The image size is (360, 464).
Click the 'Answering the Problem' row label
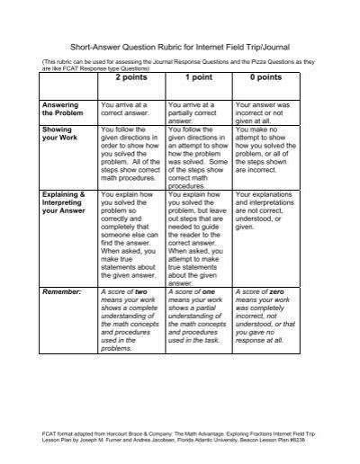[61, 110]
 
